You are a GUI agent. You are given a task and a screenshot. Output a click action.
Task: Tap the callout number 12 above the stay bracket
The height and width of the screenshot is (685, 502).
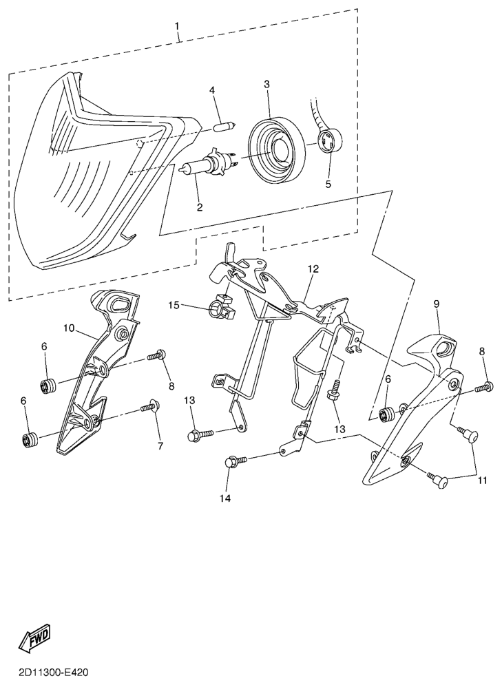tap(313, 269)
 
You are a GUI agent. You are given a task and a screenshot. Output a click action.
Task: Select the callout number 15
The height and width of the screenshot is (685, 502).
tap(174, 305)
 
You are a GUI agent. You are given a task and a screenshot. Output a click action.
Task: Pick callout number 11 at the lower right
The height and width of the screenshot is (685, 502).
tap(480, 479)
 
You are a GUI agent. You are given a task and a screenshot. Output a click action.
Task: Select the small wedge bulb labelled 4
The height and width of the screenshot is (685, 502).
tap(222, 126)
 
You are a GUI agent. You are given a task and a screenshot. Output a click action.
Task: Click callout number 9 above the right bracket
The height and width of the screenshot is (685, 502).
tap(437, 303)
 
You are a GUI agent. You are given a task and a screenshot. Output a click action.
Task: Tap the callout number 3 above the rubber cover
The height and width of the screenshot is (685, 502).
tap(266, 84)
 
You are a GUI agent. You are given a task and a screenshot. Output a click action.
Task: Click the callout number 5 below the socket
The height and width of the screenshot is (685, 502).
tap(328, 184)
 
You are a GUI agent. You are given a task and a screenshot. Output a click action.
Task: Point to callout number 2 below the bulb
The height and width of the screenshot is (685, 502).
tap(200, 206)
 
